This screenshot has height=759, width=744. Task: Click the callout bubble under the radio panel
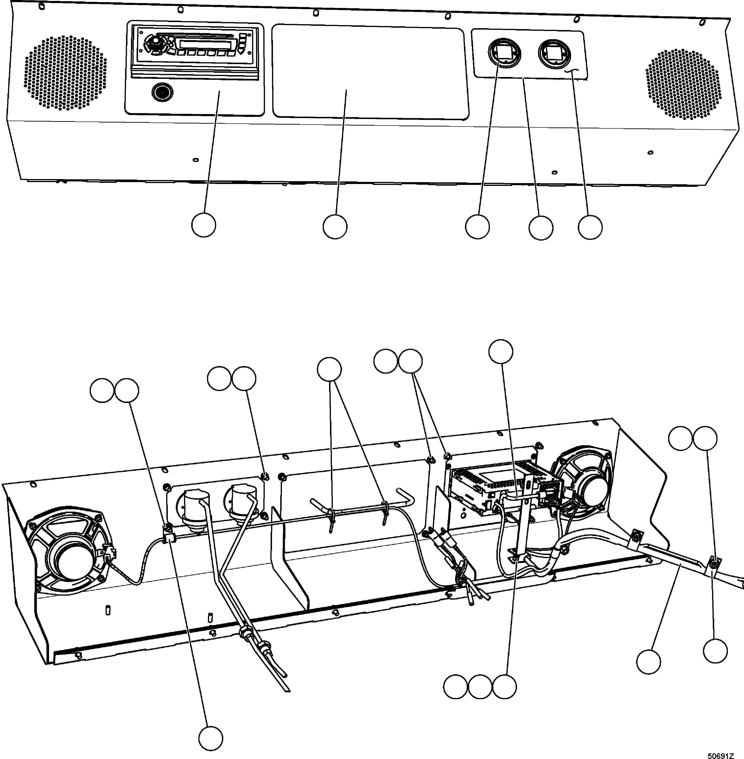tap(203, 225)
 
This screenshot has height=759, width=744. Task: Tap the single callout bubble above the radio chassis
tap(501, 351)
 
